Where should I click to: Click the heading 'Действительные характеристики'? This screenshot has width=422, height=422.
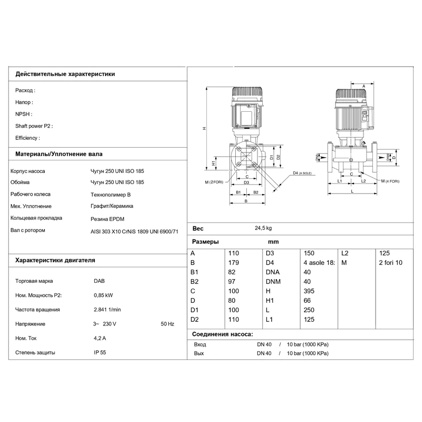point(65,74)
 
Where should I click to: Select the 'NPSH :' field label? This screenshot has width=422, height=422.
point(24,114)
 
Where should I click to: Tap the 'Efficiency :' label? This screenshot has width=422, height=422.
point(27,138)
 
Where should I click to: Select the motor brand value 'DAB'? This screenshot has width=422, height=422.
point(99,281)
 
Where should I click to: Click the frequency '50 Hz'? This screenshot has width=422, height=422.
point(167,323)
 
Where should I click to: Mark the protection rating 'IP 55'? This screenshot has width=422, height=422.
point(100,352)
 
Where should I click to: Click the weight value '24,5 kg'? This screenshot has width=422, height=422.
point(263,228)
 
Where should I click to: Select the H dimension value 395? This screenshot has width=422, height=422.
point(309,291)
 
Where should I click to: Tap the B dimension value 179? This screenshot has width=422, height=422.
point(233,262)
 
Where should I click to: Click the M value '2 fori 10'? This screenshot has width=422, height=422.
point(390,262)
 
